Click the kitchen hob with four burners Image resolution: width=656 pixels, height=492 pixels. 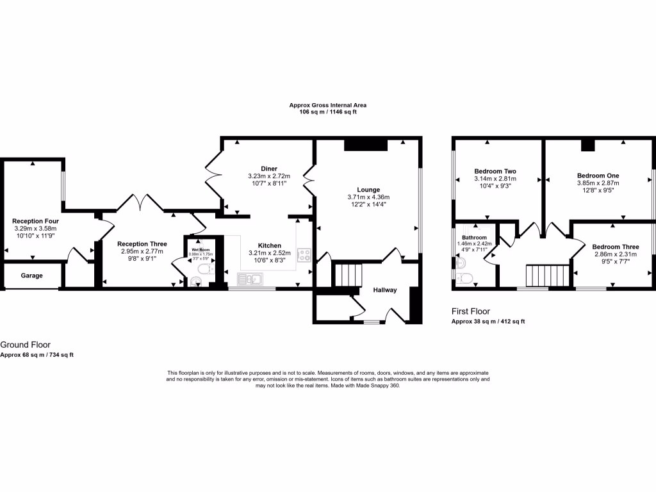(x=304, y=255)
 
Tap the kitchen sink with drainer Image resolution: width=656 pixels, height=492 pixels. (x=250, y=279)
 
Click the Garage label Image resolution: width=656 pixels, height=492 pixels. (x=31, y=275)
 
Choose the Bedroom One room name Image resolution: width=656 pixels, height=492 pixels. (x=598, y=176)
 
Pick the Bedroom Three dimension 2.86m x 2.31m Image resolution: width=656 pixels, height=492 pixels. (x=615, y=254)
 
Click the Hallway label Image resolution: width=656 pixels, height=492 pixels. (x=385, y=290)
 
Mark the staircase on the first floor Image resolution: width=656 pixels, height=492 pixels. (x=547, y=276)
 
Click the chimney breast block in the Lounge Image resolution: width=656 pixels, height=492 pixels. (x=366, y=145)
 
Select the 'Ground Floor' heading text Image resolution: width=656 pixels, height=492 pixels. (x=25, y=345)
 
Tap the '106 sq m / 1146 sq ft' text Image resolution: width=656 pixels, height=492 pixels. (x=327, y=112)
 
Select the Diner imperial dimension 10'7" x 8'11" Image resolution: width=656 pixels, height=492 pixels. (x=268, y=183)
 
